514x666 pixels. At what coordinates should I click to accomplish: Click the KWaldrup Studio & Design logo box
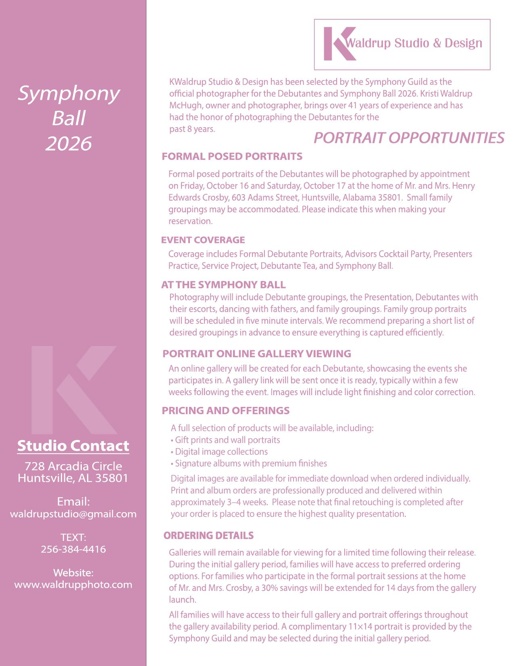[402, 44]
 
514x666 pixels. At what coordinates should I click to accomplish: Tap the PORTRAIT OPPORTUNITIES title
[408, 138]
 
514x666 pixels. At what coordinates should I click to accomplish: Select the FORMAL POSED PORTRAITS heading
[232, 157]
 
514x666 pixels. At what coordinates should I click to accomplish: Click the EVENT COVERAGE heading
[203, 240]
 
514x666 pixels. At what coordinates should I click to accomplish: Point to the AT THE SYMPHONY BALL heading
[223, 285]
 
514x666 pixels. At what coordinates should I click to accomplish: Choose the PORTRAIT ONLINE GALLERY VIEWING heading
[256, 354]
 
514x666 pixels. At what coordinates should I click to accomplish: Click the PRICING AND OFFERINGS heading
[225, 411]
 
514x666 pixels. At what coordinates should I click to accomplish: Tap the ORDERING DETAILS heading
[208, 536]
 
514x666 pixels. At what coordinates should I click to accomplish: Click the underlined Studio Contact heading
[73, 446]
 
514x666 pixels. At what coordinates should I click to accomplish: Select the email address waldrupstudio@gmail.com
[73, 514]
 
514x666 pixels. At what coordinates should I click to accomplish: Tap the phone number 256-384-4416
[73, 549]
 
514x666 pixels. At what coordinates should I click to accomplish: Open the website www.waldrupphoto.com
[73, 585]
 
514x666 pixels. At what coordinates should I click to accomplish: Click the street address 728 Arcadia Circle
[73, 466]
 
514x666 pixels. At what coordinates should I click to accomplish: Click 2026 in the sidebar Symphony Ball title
[69, 144]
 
